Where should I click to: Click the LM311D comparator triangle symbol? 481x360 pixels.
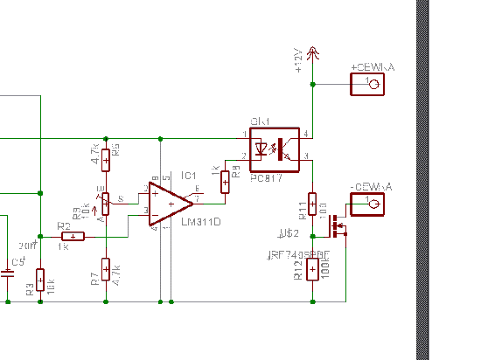pyautogui.click(x=168, y=203)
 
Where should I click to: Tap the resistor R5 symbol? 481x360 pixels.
pyautogui.click(x=106, y=160)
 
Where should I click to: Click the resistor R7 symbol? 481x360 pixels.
pyautogui.click(x=106, y=268)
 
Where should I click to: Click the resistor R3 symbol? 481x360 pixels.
pyautogui.click(x=39, y=279)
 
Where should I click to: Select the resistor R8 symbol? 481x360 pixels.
pyautogui.click(x=225, y=181)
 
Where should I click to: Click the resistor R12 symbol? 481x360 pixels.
pyautogui.click(x=312, y=269)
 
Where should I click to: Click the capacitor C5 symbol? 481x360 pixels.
pyautogui.click(x=7, y=273)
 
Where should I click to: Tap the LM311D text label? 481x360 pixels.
pyautogui.click(x=200, y=222)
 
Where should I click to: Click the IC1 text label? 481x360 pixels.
pyautogui.click(x=188, y=176)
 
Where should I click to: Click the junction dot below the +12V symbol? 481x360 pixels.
pyautogui.click(x=313, y=85)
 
